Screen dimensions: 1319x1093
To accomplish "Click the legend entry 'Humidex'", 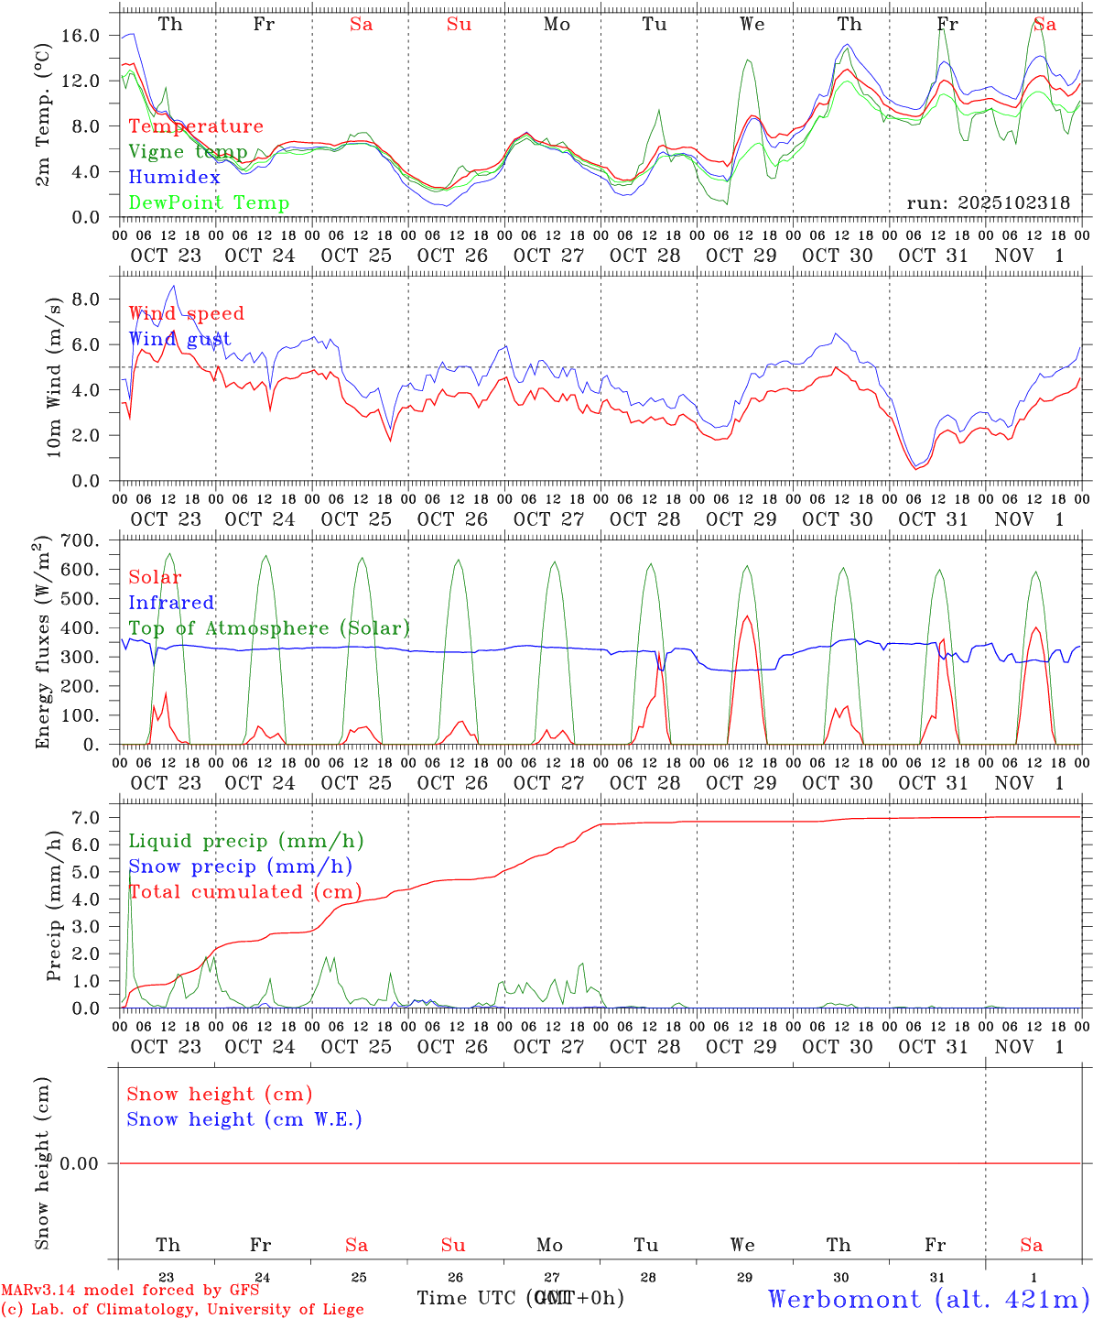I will click(x=175, y=178).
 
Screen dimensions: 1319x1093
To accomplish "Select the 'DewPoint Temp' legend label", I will click(x=209, y=203).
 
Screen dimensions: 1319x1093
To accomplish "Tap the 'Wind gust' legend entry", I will click(x=179, y=339).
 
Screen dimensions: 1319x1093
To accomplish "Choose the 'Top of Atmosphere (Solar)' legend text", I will click(x=269, y=628).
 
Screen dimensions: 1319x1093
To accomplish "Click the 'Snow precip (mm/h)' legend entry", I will click(x=240, y=867).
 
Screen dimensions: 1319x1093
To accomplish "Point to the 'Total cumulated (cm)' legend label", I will click(x=245, y=892).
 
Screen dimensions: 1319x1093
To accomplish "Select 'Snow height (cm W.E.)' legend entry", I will click(x=244, y=1119).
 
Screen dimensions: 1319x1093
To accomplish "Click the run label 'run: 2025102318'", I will click(x=988, y=203).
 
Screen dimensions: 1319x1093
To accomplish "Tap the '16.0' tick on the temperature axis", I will click(x=81, y=36).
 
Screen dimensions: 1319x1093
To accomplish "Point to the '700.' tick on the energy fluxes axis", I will click(x=80, y=540).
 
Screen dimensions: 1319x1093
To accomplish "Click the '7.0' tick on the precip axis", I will click(x=85, y=817).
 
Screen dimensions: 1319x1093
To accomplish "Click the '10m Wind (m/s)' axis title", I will click(x=53, y=376).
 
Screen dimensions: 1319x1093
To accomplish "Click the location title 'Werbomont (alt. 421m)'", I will click(x=928, y=1299).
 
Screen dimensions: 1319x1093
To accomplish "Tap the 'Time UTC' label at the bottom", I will click(x=469, y=1298).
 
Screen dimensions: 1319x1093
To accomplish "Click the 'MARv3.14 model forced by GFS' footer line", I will click(x=130, y=1291).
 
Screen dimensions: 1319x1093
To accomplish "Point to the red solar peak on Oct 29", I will click(x=747, y=616).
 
